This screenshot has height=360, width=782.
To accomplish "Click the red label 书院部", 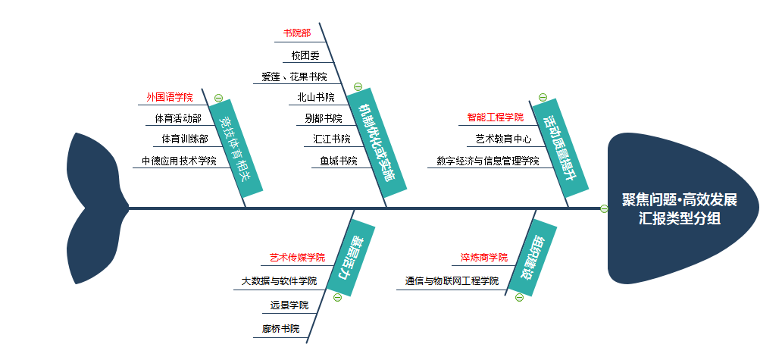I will coord(297,33).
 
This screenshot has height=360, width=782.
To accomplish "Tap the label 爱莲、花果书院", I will coord(294,77).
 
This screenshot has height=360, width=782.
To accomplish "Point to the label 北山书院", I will coord(316,97).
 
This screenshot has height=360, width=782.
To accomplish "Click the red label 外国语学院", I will coord(170,97).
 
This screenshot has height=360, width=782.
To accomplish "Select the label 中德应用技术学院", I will coord(179,161).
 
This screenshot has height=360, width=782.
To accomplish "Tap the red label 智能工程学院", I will coord(495,117).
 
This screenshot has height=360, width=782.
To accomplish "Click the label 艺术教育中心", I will coord(504,139).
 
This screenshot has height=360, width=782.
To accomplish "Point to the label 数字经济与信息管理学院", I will coord(487,161).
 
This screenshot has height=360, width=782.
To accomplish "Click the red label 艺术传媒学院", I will coord(297,258).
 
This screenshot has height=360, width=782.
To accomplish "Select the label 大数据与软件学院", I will coord(279,280).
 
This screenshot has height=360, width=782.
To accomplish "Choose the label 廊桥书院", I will coord(281,329).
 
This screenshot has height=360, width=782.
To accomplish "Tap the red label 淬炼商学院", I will coord(483,258).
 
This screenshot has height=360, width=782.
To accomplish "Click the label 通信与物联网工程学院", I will coord(452,280).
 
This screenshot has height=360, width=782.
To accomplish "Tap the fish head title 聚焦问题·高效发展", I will coord(679,199).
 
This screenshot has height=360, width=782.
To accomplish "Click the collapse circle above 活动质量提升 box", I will coord(543,97).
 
